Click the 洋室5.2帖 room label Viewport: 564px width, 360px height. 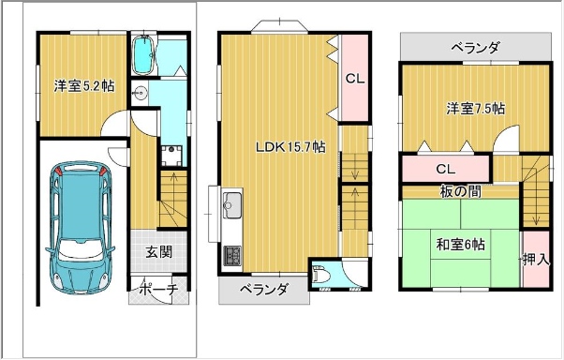tap(84, 86)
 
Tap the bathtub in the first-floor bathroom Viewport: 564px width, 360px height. tap(143, 55)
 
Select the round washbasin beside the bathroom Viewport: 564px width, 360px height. tap(140, 94)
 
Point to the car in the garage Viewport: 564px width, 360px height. tap(80, 228)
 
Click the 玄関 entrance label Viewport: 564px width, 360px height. tap(158, 252)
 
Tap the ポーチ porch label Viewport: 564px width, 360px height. tap(158, 289)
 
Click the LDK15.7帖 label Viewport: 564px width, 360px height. tap(290, 147)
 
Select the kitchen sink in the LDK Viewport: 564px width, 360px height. tap(232, 204)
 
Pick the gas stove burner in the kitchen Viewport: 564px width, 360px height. tap(232, 256)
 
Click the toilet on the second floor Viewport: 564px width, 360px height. tap(321, 277)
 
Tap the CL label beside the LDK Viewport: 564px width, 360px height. tap(355, 79)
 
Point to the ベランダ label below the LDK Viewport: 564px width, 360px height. tap(264, 290)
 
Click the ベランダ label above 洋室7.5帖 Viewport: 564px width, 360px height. tap(476, 47)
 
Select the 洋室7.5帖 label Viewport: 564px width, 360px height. tap(476, 109)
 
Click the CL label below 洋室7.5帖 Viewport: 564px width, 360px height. tap(446, 169)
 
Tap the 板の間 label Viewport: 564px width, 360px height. tap(461, 191)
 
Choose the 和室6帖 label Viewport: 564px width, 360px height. tap(460, 245)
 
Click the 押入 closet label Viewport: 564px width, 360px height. tap(536, 259)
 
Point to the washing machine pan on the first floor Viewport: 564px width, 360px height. tap(171, 156)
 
